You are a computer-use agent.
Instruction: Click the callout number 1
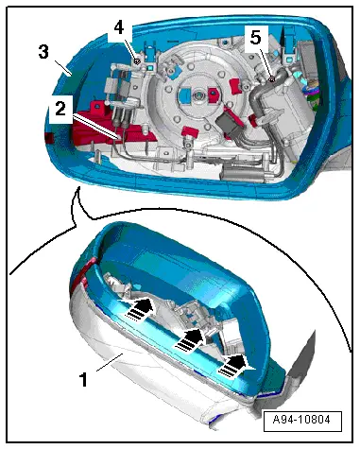(83, 379)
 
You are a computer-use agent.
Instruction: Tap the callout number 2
(60, 109)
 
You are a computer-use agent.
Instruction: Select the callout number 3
(43, 52)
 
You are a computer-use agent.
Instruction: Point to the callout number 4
(119, 28)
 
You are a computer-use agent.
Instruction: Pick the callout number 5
(256, 38)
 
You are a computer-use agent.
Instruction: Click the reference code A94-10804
(302, 420)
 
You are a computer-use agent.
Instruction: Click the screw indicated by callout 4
(137, 61)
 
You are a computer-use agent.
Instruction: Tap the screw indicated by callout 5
(273, 79)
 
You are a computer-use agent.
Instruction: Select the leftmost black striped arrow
(140, 308)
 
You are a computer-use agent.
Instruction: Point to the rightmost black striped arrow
(235, 366)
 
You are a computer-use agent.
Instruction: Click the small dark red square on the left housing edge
(50, 138)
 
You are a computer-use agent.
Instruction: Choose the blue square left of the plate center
(184, 95)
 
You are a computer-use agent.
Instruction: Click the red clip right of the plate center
(213, 94)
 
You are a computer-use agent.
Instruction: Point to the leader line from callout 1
(110, 362)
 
